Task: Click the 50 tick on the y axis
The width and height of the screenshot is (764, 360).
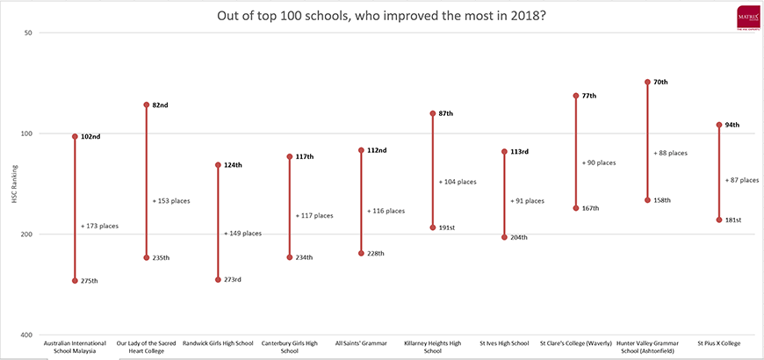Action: coord(27,32)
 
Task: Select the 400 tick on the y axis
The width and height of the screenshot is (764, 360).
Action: coord(25,335)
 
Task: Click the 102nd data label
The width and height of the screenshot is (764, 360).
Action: coord(90,137)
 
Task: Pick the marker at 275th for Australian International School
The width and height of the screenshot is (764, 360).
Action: coord(75,281)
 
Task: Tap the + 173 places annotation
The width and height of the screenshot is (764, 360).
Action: coord(99,226)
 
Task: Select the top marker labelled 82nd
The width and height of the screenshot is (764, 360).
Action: coord(147,104)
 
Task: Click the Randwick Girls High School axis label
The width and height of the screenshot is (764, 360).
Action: coord(218,343)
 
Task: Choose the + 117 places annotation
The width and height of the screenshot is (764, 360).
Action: coord(314,215)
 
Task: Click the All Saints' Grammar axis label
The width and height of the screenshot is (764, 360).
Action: coord(361,343)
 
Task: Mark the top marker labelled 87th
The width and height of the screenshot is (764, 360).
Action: coord(432,113)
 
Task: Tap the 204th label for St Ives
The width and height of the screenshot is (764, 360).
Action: coord(518,237)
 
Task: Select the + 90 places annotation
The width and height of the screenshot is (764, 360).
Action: coord(599,162)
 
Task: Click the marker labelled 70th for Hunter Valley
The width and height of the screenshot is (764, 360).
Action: coord(647,82)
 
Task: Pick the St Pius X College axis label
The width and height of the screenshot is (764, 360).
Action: coord(718,343)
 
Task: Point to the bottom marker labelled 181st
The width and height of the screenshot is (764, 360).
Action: coord(719,220)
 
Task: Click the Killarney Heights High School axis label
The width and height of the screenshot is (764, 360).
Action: coord(432,347)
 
